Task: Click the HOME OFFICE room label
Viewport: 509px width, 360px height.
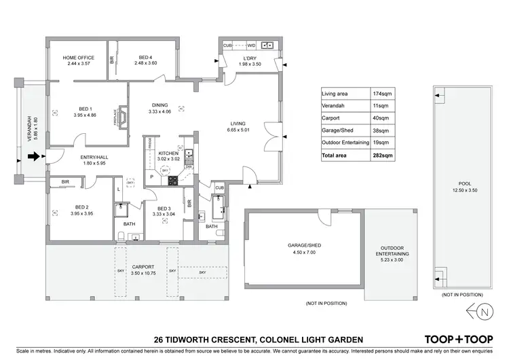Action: coord(78,58)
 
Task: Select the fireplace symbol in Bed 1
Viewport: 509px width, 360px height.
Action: coord(123,115)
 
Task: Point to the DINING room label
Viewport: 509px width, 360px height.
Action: coord(159,105)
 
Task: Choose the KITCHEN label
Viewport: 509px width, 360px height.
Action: coord(168,154)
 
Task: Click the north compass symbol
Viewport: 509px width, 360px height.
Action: coord(480,312)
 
